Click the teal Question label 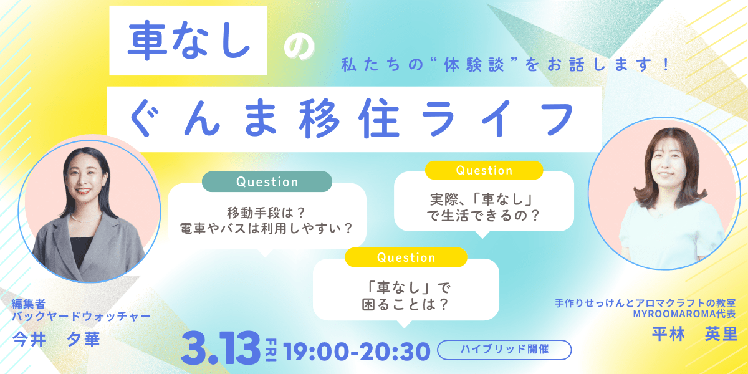coord(267,181)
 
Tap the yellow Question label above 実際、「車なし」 coord(484,170)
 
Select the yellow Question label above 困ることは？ coord(406,257)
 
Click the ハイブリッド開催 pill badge coord(504,350)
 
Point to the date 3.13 coord(221,348)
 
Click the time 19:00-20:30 coord(357,351)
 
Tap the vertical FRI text coord(271,350)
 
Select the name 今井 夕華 coord(56,340)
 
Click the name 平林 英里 coord(694,333)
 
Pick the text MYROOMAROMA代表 coord(684,314)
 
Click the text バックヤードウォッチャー coord(81,316)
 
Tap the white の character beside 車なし coord(299,49)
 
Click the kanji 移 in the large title coord(319,118)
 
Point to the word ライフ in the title coord(497,118)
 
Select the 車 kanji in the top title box coord(147,41)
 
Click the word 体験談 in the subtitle coord(474,65)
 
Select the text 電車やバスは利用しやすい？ coord(267,228)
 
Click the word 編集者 coord(29,304)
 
